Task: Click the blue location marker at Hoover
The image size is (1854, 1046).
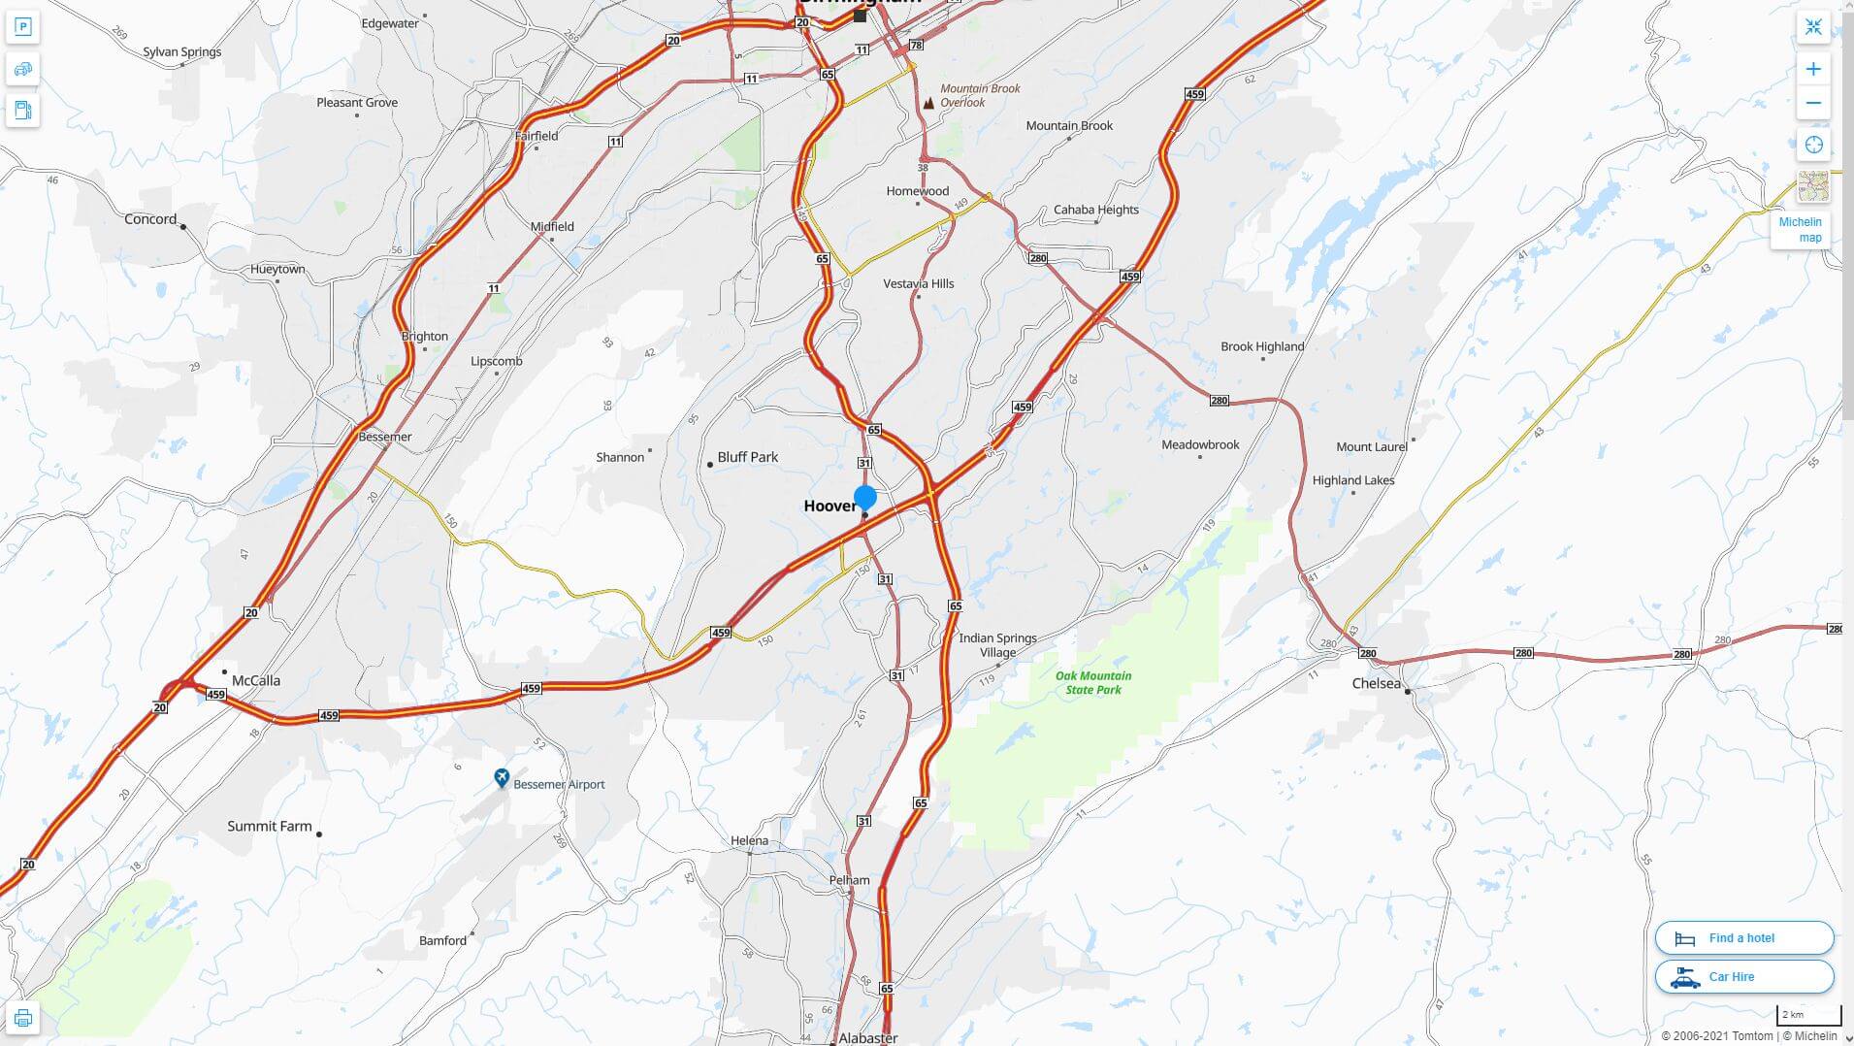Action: coord(865,498)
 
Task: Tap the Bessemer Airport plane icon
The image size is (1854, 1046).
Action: coord(502,778)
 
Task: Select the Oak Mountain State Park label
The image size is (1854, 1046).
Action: coord(1093,683)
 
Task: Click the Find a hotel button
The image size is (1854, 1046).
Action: coord(1743,938)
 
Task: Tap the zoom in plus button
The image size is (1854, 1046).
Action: coord(1813,69)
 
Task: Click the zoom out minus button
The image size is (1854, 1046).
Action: coord(1813,103)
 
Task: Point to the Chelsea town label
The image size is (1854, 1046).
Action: coord(1376,684)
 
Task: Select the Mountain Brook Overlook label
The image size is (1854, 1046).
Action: coord(979,95)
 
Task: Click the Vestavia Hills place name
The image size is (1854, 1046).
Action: coord(918,283)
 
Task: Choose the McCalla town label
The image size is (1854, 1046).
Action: coord(255,681)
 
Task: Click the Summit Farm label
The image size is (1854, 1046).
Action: coord(269,827)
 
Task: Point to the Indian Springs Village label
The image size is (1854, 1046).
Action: coord(997,645)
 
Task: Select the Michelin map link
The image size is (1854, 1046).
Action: coord(1800,230)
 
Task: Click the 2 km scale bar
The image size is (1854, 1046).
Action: coord(1808,1015)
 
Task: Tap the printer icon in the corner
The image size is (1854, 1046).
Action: coord(23,1018)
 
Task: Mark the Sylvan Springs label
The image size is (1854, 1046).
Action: coord(182,52)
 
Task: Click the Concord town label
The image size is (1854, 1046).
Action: coord(150,219)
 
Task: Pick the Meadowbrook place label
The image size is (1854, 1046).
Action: coord(1200,445)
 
